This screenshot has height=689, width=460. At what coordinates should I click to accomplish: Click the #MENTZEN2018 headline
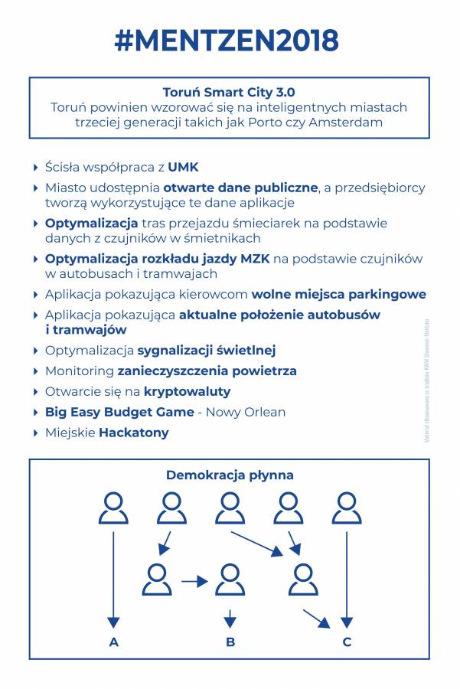pyautogui.click(x=227, y=41)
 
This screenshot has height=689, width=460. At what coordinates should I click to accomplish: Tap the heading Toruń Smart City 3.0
pyautogui.click(x=229, y=92)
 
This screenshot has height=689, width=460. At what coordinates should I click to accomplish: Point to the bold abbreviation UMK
pyautogui.click(x=184, y=167)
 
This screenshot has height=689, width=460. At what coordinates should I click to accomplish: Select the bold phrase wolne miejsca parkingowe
pyautogui.click(x=339, y=294)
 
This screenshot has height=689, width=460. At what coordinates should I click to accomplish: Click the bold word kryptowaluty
pyautogui.click(x=187, y=391)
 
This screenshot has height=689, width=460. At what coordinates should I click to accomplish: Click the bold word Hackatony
pyautogui.click(x=133, y=433)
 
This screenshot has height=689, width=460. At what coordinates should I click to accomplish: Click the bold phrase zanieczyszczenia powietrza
pyautogui.click(x=207, y=371)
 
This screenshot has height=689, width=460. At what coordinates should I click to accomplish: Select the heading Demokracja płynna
pyautogui.click(x=230, y=475)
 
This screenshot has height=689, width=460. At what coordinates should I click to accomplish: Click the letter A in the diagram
pyautogui.click(x=114, y=642)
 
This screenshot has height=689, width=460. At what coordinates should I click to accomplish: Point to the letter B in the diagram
pyautogui.click(x=230, y=642)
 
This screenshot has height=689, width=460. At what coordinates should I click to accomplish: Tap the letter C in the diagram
pyautogui.click(x=347, y=642)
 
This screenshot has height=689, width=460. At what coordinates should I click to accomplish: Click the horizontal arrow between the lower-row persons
pyautogui.click(x=194, y=582)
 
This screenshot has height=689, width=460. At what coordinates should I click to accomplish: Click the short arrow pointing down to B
pyautogui.click(x=230, y=619)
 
